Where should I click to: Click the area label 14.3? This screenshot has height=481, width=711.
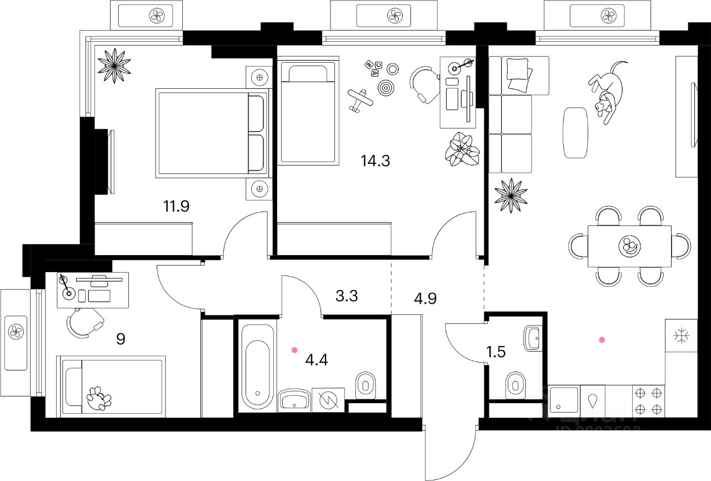375,162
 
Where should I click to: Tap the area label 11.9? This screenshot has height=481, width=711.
177,207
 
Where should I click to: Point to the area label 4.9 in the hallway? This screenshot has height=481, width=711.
425,298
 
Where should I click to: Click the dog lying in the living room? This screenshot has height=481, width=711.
606,92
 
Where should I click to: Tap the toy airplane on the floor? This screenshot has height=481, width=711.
360,101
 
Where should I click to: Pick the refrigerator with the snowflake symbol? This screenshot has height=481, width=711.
681,335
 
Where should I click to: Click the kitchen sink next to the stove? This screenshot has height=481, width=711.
564,400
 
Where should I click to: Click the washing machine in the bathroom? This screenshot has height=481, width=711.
328,399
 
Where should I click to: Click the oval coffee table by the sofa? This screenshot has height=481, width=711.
575,133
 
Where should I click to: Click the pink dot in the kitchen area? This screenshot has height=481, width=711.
601,339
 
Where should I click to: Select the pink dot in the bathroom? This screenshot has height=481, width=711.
294,350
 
